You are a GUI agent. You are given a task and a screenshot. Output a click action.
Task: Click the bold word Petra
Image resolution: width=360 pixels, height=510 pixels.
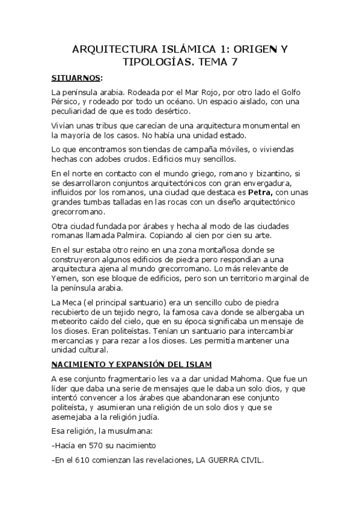click(261, 192)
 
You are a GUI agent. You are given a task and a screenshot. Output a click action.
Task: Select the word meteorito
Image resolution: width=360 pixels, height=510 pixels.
click(72, 321)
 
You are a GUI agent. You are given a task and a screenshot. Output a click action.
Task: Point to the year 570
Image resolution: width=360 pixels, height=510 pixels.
click(99, 446)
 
